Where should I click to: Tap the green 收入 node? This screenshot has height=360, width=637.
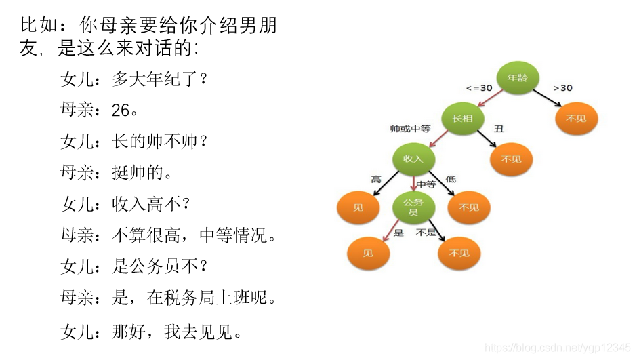(413, 159)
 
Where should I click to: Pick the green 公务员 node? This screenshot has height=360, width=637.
(413, 207)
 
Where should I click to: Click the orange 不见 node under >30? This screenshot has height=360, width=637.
(575, 119)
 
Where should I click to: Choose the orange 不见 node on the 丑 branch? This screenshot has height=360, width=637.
(511, 160)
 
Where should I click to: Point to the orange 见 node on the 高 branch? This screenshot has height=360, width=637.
(358, 207)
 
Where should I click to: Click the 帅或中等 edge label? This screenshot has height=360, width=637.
(410, 128)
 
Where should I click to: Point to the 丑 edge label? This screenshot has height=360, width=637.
(499, 128)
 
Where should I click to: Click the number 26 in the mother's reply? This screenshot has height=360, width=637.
(120, 111)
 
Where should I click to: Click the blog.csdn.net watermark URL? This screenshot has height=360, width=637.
(558, 348)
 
